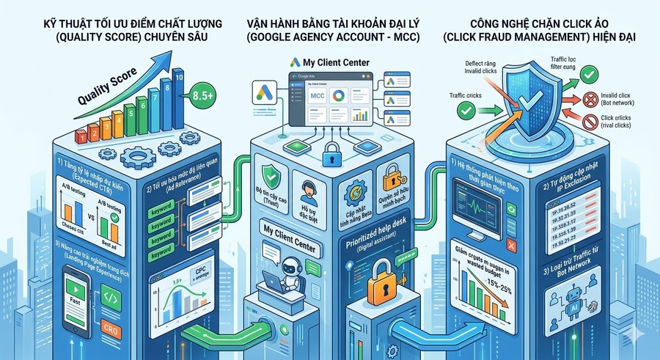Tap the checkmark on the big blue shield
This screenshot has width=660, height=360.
tap(531, 103)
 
